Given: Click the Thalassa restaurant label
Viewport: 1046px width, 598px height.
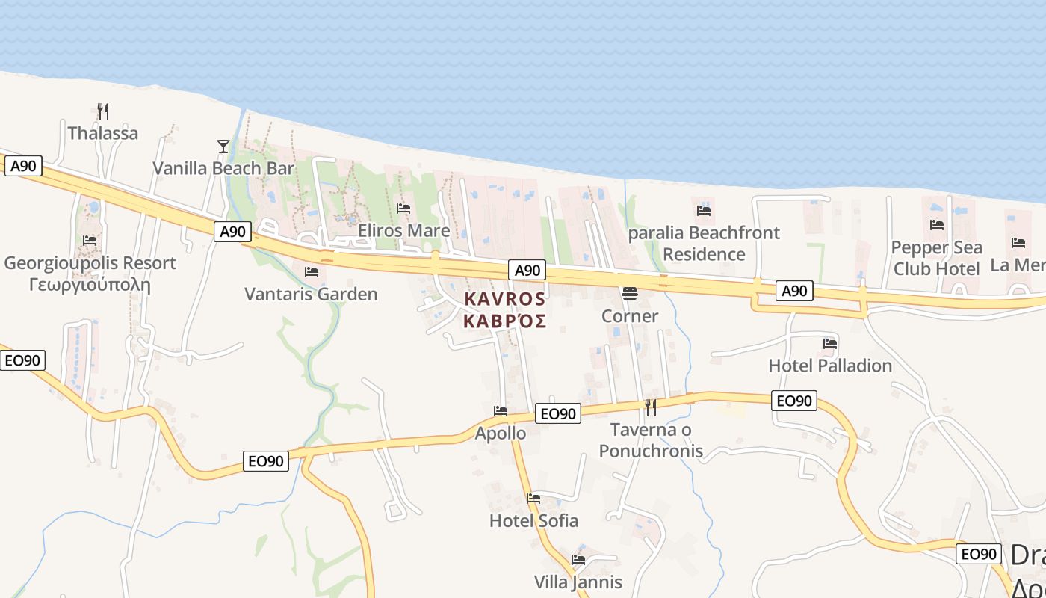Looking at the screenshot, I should point(103,133).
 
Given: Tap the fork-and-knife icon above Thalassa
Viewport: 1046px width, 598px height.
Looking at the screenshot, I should point(104,112).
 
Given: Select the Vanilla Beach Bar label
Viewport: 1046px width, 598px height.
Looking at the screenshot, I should point(223,168).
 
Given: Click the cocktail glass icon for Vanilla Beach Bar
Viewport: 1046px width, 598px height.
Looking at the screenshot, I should point(223,147).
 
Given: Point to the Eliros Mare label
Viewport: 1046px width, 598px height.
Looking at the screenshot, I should point(403,230).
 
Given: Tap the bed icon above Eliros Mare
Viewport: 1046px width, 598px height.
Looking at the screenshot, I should point(403,208).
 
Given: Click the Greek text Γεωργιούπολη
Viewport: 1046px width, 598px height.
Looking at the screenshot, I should point(90,285).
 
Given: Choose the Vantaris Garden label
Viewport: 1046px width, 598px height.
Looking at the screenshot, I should point(311,294).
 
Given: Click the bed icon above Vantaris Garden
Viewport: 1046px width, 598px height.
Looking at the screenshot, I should point(312,271).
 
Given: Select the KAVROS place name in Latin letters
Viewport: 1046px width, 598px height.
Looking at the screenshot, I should point(505,299).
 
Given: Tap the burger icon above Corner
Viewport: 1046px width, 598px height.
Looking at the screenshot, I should point(630,294).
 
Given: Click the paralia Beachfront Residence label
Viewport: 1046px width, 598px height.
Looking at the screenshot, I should point(704,244).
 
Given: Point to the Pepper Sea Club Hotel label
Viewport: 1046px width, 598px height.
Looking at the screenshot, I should point(936,258).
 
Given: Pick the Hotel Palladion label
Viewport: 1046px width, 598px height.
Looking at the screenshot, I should point(830,366).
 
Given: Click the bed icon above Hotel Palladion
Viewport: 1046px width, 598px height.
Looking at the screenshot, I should point(830,344).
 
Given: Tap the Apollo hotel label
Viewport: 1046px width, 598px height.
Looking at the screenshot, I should point(501,434).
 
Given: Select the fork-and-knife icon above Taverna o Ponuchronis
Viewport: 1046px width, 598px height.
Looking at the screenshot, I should point(651,407).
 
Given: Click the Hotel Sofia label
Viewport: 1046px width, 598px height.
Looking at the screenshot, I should point(533,520).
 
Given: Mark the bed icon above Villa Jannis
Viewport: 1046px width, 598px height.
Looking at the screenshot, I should point(578,559).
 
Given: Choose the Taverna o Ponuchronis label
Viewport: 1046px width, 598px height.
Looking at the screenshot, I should point(651,440).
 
